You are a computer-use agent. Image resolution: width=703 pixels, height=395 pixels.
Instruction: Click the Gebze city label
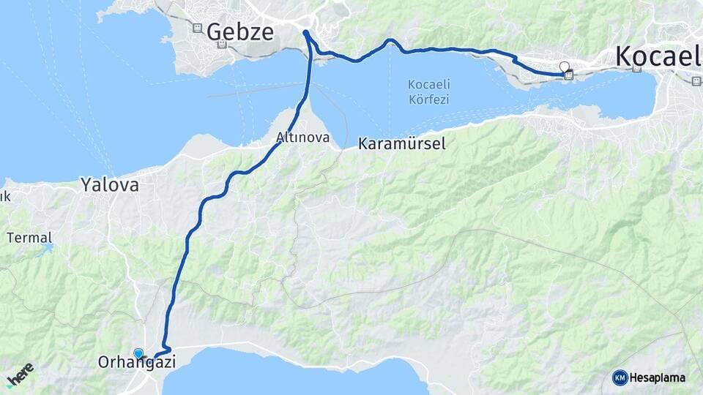[x=240, y=32]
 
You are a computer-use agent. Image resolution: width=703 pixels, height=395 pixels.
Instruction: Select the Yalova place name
[x=110, y=184]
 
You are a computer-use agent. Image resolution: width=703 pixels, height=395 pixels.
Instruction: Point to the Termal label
[x=29, y=238]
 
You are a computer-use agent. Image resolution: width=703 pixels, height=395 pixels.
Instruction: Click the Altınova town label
[x=302, y=138]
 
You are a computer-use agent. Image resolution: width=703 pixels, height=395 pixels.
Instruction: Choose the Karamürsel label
[x=402, y=144]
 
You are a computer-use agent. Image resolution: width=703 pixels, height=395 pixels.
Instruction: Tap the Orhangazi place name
[x=137, y=362]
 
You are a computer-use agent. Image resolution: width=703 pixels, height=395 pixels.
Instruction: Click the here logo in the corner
[x=21, y=375]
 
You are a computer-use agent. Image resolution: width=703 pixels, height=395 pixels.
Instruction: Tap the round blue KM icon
[x=620, y=377]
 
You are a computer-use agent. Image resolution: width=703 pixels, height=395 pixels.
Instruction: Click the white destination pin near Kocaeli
[x=564, y=68]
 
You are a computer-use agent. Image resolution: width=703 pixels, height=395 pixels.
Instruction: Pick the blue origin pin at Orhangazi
[x=138, y=354]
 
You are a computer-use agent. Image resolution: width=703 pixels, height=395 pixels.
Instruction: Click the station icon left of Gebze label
[x=196, y=28]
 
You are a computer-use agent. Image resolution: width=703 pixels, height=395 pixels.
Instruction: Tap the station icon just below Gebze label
[x=223, y=45]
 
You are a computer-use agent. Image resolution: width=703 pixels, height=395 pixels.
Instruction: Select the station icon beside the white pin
[x=570, y=74]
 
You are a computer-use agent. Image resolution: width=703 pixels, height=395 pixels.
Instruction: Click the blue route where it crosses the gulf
[x=308, y=80]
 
